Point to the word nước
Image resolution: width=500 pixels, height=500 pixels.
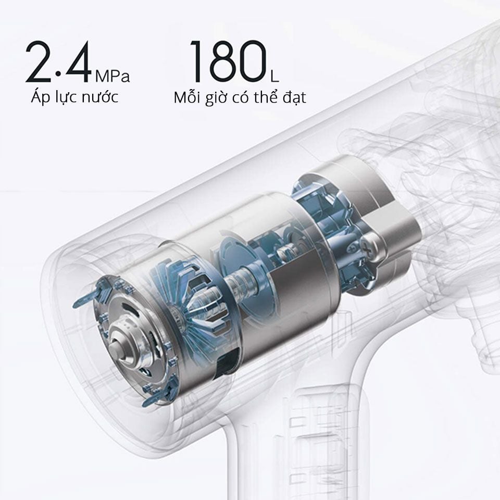click(x=100, y=97)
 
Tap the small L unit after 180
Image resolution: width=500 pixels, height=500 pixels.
click(x=274, y=77)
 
